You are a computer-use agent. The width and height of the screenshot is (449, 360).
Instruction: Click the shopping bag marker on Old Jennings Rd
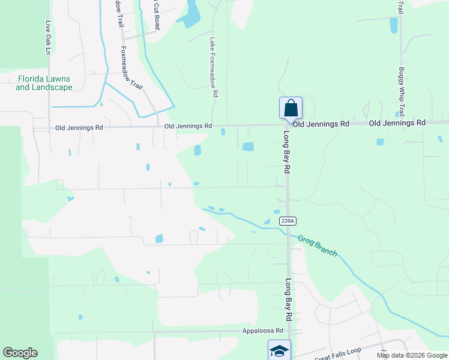tap(291, 109)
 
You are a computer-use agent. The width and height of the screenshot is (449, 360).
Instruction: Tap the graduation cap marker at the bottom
tap(279, 350)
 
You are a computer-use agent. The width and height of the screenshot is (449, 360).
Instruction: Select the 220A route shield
tap(288, 221)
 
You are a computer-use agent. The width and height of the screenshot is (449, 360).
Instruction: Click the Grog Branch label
tap(318, 245)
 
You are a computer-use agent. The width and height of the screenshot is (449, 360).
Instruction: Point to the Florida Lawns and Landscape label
tap(44, 83)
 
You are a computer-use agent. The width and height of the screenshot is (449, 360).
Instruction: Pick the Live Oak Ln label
tap(48, 38)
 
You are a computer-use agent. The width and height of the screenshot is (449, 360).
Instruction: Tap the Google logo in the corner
tap(20, 353)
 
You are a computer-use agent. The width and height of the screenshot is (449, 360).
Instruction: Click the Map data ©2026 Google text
tap(411, 355)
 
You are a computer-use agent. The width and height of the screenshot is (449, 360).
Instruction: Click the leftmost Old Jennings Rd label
tap(79, 128)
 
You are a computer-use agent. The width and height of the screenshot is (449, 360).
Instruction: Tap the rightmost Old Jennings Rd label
tap(397, 122)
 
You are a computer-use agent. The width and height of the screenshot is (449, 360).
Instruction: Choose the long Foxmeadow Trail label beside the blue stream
tap(131, 68)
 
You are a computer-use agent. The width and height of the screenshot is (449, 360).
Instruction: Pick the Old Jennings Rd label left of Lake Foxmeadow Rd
tap(188, 126)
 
